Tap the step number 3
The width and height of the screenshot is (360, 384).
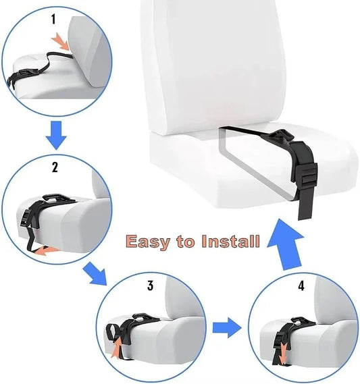150,285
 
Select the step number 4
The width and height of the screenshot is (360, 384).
301,285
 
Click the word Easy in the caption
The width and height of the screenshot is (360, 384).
147,241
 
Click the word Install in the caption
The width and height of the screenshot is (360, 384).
230,241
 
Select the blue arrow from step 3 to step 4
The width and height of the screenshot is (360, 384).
227,329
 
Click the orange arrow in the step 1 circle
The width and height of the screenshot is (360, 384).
61,42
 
